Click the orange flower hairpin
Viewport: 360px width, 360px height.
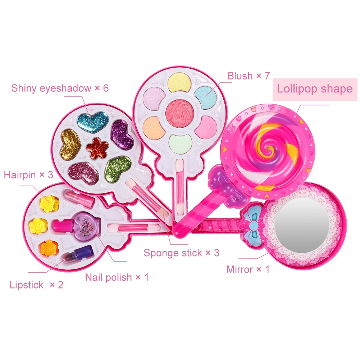click(x=47, y=247)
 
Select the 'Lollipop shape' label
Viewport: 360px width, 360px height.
click(x=314, y=89)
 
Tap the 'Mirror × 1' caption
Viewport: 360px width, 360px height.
click(x=247, y=269)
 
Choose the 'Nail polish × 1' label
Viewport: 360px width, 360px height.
click(x=117, y=277)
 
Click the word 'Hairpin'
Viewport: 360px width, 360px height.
click(x=20, y=175)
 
